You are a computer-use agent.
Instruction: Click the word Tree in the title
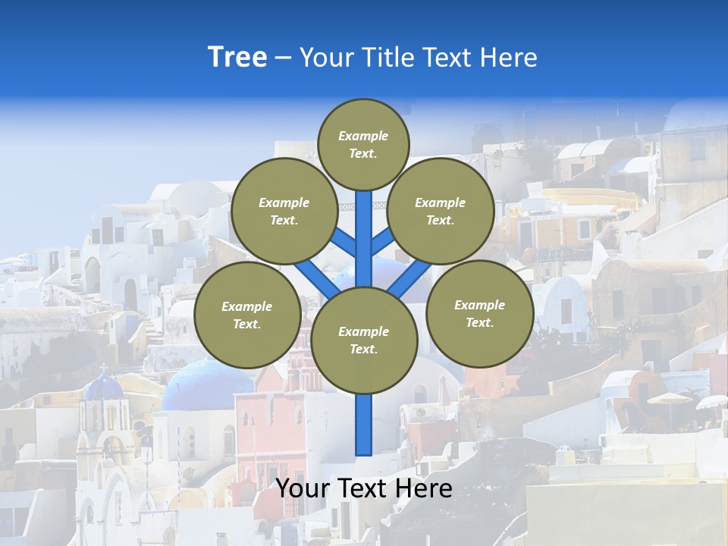pyautogui.click(x=237, y=57)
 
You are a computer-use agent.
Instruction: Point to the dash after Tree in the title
pyautogui.click(x=284, y=58)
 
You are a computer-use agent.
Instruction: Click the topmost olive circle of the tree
pyautogui.click(x=363, y=144)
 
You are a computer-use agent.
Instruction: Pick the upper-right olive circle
pyautogui.click(x=441, y=211)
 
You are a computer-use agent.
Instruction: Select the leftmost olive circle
pyautogui.click(x=246, y=315)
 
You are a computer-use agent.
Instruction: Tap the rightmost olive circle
pyautogui.click(x=479, y=313)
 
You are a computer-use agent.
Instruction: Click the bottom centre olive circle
pyautogui.click(x=364, y=340)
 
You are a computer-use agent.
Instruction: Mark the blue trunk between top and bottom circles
pyautogui.click(x=364, y=239)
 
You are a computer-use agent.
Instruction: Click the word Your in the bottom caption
pyautogui.click(x=303, y=488)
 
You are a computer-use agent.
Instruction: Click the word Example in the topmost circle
pyautogui.click(x=363, y=136)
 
